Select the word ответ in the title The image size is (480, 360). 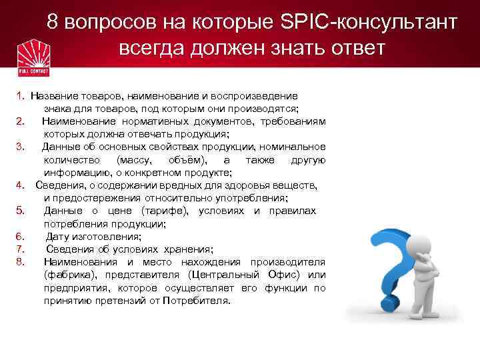pyautogui.click(x=347, y=49)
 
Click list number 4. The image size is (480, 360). pyautogui.click(x=21, y=185)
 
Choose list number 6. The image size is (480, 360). pyautogui.click(x=21, y=236)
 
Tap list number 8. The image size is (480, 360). pyautogui.click(x=21, y=261)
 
